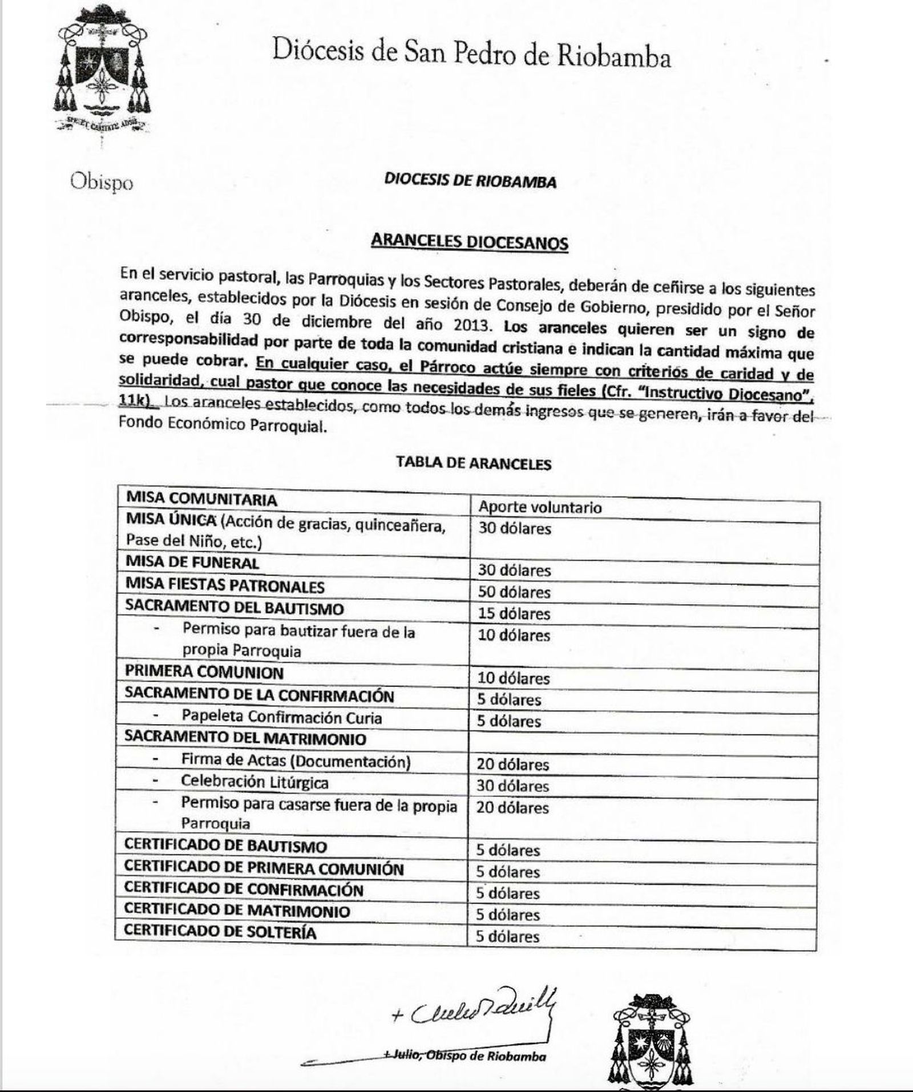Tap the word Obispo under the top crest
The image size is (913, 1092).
click(102, 182)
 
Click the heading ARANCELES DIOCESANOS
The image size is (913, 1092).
click(469, 242)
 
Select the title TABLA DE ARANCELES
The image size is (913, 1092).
click(474, 463)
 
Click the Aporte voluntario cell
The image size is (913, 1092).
click(539, 507)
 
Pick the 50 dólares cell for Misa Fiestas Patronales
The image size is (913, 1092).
click(514, 592)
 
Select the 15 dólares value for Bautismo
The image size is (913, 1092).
click(514, 613)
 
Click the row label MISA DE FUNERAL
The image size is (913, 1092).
click(192, 563)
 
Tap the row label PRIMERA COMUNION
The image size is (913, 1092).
click(204, 672)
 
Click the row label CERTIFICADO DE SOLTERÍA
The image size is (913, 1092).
click(220, 932)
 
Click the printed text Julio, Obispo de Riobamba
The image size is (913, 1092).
click(465, 1055)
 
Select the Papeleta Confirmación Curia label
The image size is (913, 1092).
click(281, 717)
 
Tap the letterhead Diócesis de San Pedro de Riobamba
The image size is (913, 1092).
click(471, 55)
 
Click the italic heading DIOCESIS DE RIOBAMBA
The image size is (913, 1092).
click(470, 181)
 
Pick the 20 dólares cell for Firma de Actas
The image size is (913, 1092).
click(512, 764)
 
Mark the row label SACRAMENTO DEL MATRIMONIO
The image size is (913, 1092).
click(245, 738)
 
